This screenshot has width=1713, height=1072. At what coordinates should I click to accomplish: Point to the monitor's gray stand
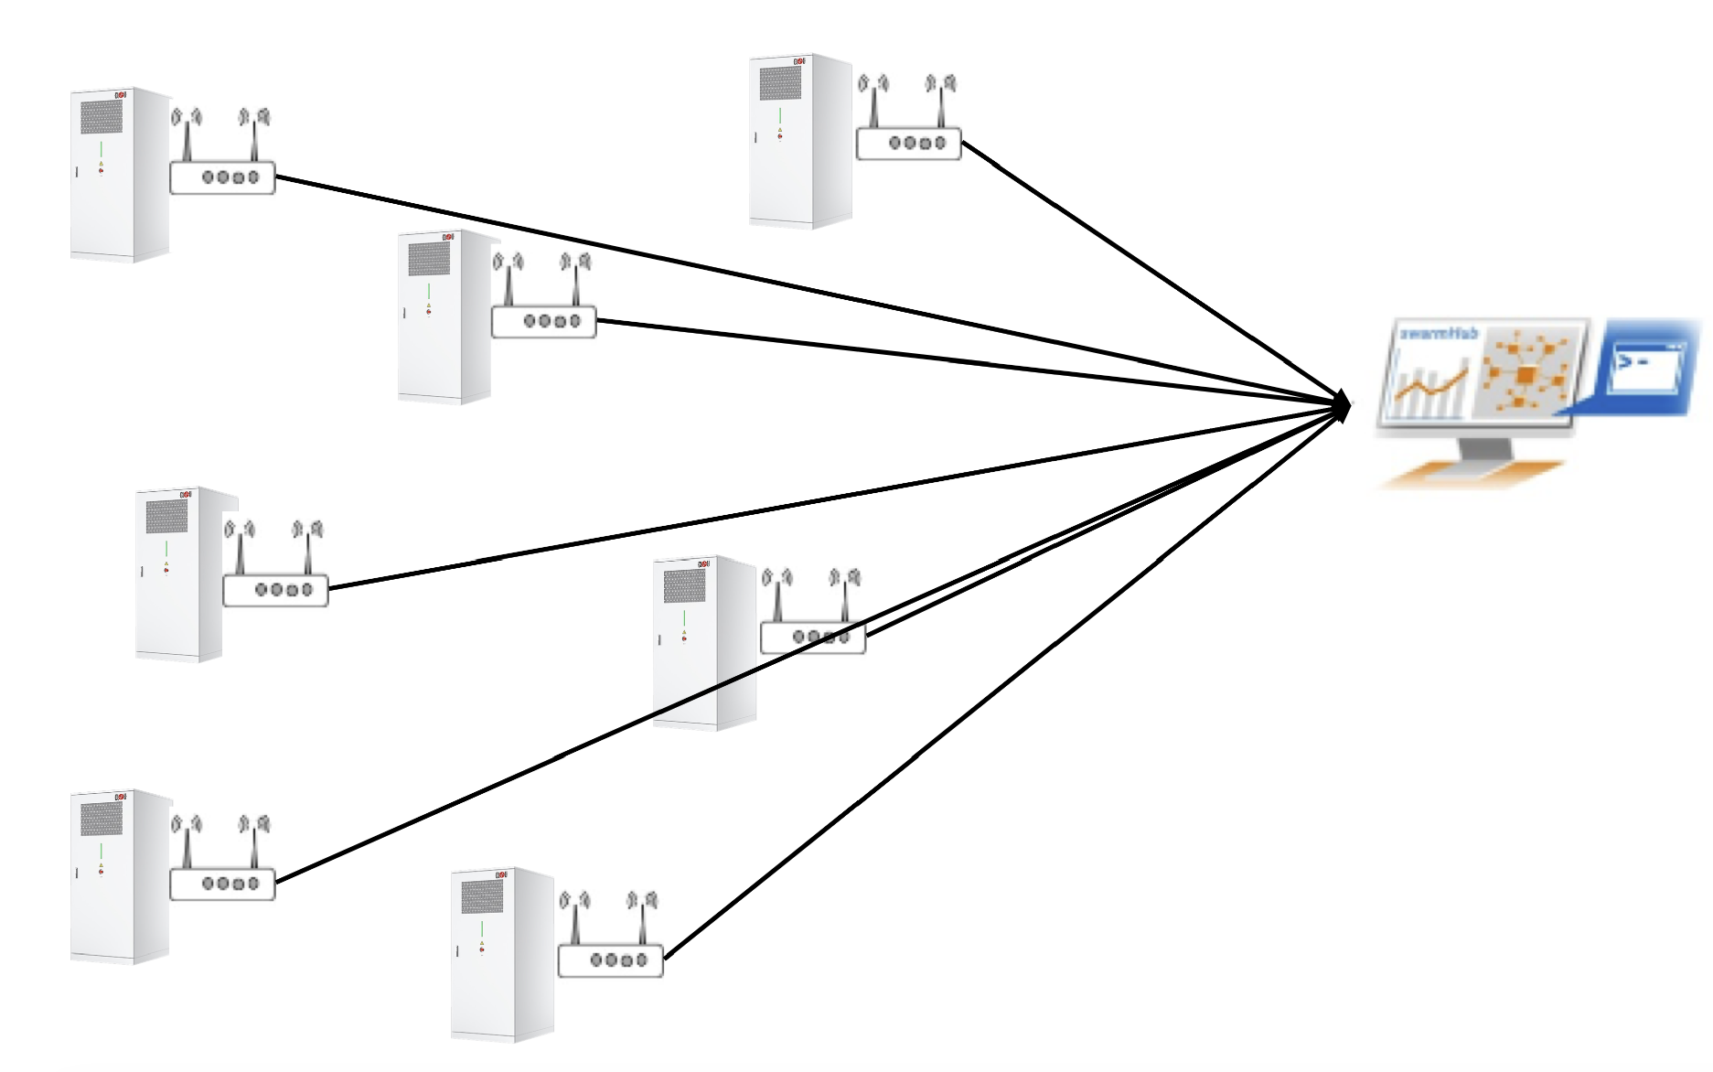point(1485,449)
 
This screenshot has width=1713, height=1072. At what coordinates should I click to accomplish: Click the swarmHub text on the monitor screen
point(1439,334)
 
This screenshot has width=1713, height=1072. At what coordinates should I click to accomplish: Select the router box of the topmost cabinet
point(908,144)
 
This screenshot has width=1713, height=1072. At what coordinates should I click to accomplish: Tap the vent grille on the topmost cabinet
point(780,83)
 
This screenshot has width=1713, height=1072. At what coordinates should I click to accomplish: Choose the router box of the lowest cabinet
point(610,960)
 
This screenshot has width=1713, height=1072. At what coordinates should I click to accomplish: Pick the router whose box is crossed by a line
point(812,637)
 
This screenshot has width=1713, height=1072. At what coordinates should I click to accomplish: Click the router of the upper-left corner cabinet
point(222,177)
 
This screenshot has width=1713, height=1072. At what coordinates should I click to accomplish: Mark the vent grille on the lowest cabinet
point(482,896)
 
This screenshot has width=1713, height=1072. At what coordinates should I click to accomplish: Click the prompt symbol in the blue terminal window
point(1625,362)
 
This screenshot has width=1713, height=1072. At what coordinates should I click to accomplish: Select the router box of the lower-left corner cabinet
point(222,884)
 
